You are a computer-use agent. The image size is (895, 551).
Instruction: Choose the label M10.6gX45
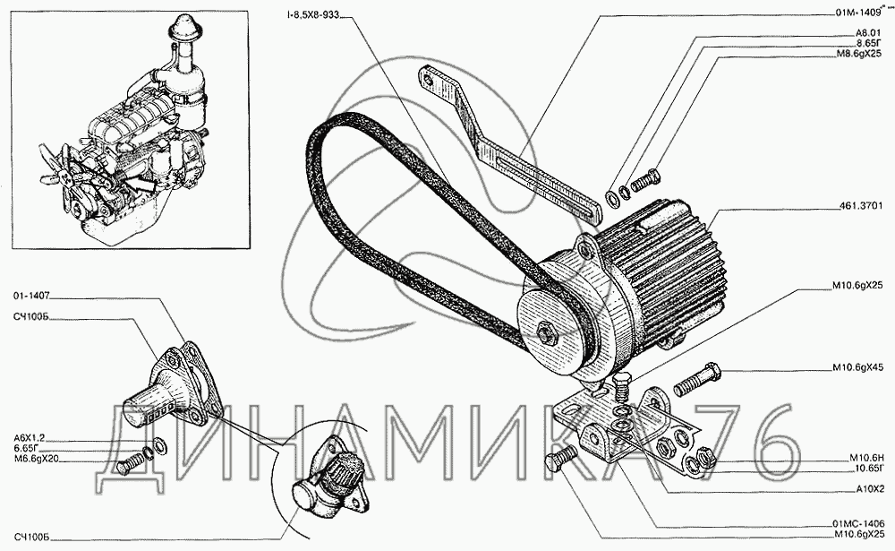point(858,367)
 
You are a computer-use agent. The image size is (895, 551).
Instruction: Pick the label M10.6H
point(866,458)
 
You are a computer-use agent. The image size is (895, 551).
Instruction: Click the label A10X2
point(870,489)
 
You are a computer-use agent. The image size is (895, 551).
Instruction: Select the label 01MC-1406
point(858,523)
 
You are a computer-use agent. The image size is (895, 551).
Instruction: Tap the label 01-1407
point(30,296)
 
